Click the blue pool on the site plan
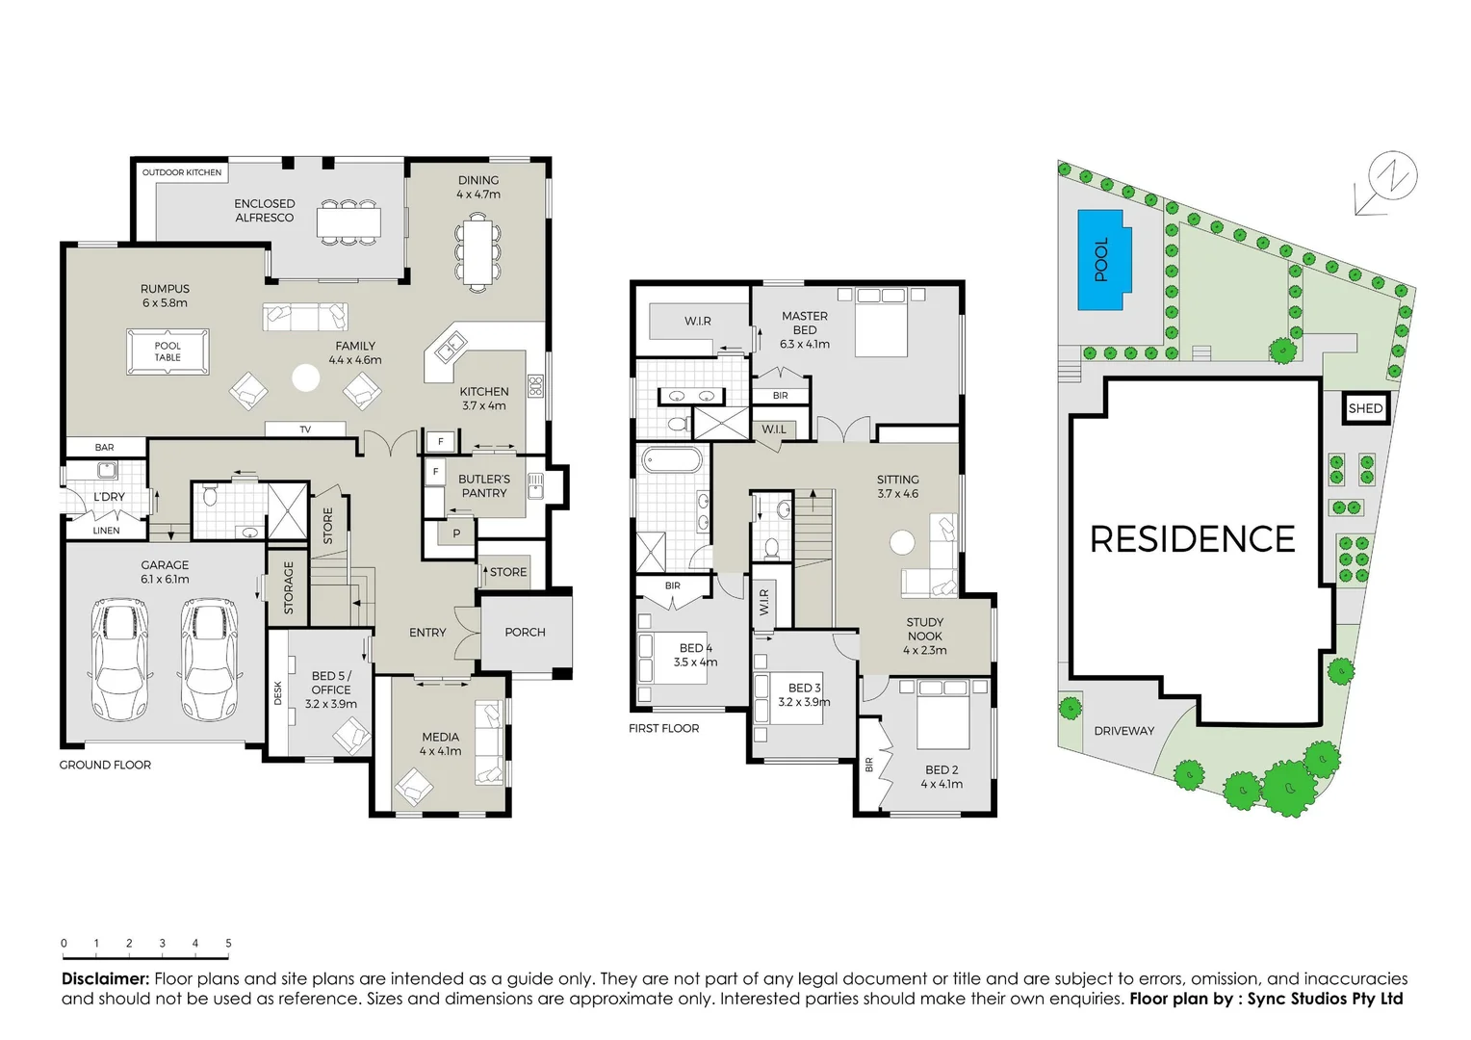pos(1100,260)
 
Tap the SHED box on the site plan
pos(1365,408)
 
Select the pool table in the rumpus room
pos(168,351)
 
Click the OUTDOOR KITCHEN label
pos(182,172)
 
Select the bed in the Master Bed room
pos(881,323)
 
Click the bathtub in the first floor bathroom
pos(673,460)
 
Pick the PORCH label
pos(525,633)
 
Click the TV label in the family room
pos(305,429)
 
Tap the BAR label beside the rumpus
pos(105,448)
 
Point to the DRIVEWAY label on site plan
pos(1123,731)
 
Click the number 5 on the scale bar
pos(228,944)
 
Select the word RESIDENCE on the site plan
pos(1192,539)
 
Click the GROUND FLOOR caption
pos(105,765)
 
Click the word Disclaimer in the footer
pos(105,979)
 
